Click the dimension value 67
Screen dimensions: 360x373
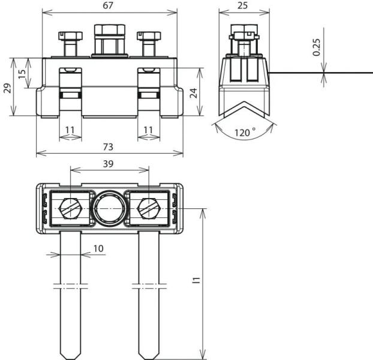point(110,5)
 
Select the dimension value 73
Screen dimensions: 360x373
point(108,146)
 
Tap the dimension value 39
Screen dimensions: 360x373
point(109,163)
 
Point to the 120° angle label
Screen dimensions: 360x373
point(245,132)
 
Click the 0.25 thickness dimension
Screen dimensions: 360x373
point(317,47)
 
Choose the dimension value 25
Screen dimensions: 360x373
point(243,5)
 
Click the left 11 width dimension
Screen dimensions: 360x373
point(70,130)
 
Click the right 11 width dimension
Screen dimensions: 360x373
point(148,130)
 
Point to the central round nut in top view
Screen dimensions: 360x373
point(109,209)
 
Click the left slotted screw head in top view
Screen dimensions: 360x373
point(71,209)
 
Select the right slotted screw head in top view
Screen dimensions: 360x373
point(148,209)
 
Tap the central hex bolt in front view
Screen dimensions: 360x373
point(110,40)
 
